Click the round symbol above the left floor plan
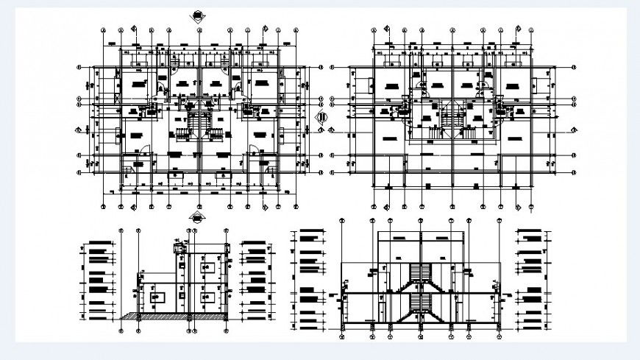click(x=196, y=13)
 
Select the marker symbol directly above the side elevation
click(x=196, y=216)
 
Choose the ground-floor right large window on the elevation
click(x=207, y=297)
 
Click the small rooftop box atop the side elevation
click(x=177, y=247)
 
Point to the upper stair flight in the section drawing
click(x=422, y=274)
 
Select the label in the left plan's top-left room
click(x=135, y=85)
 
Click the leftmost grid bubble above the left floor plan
click(x=104, y=31)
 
